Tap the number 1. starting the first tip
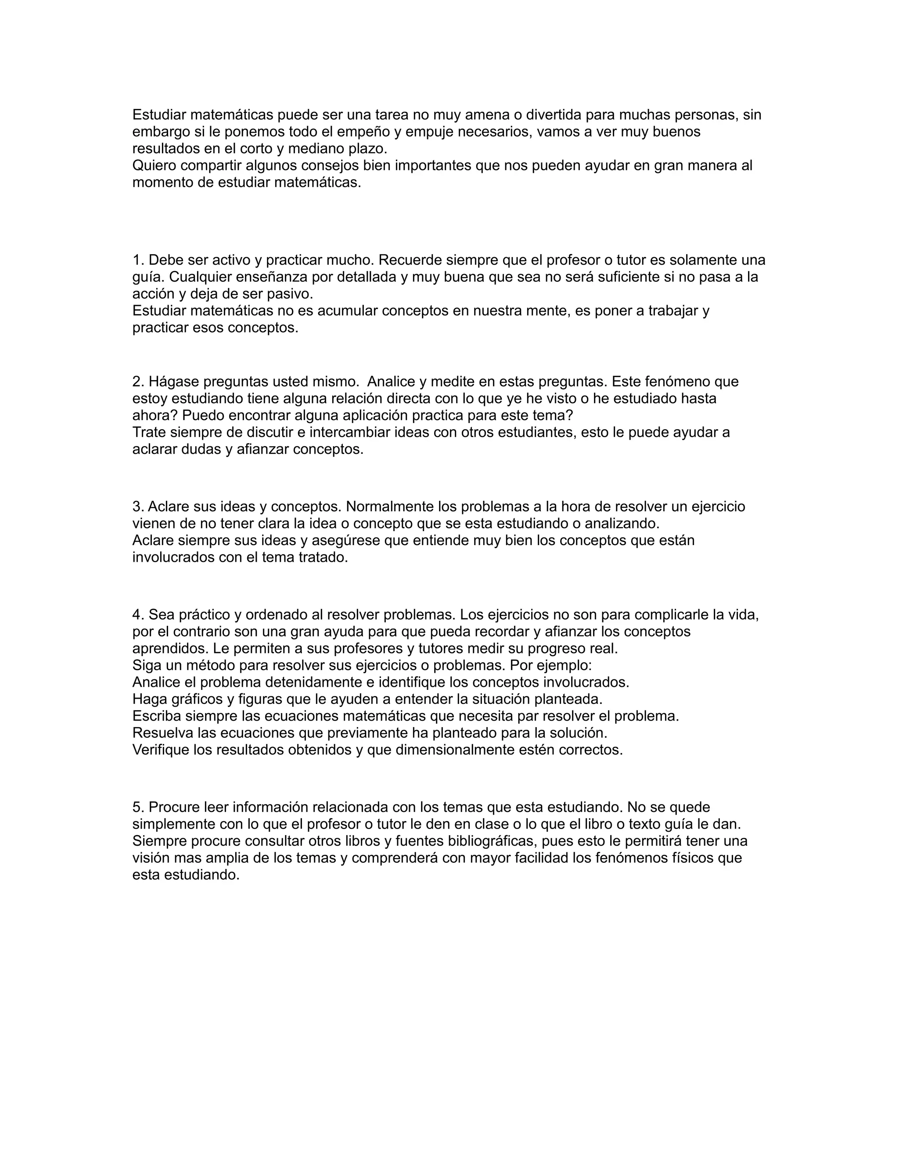pyautogui.click(x=138, y=260)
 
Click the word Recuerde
pyautogui.click(x=409, y=260)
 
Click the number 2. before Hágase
pyautogui.click(x=138, y=381)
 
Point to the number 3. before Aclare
pyautogui.click(x=138, y=506)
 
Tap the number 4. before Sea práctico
pyautogui.click(x=138, y=614)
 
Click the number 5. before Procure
pyautogui.click(x=138, y=807)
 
